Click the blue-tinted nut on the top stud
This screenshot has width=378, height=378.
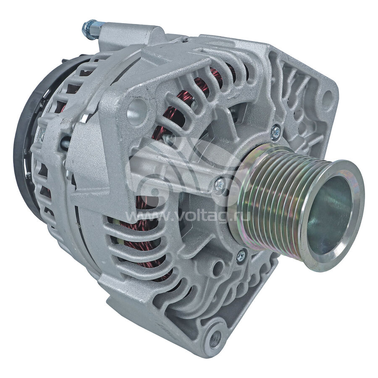coord(90,29)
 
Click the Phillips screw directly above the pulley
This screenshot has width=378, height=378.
coord(275,133)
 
